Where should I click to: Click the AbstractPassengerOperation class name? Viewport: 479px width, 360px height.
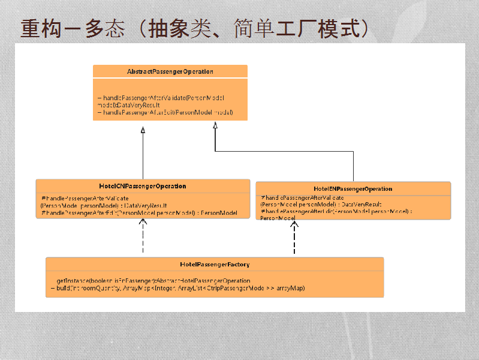pos(170,71)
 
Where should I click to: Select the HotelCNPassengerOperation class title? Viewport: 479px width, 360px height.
pos(143,186)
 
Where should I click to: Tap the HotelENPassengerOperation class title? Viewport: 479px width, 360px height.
pos(353,188)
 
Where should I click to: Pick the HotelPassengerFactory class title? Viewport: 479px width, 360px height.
pos(215,264)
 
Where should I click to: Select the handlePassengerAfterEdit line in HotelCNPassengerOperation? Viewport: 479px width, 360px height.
pos(139,213)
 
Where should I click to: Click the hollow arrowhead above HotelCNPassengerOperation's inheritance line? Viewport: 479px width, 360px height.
pos(143,130)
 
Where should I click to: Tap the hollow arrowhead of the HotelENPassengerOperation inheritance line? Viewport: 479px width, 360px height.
pos(215,125)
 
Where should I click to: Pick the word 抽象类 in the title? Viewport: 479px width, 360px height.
pos(177,28)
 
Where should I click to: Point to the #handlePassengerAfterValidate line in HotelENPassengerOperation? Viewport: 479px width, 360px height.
pos(303,197)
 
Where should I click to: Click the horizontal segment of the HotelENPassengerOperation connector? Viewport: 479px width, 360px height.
pos(284,152)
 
